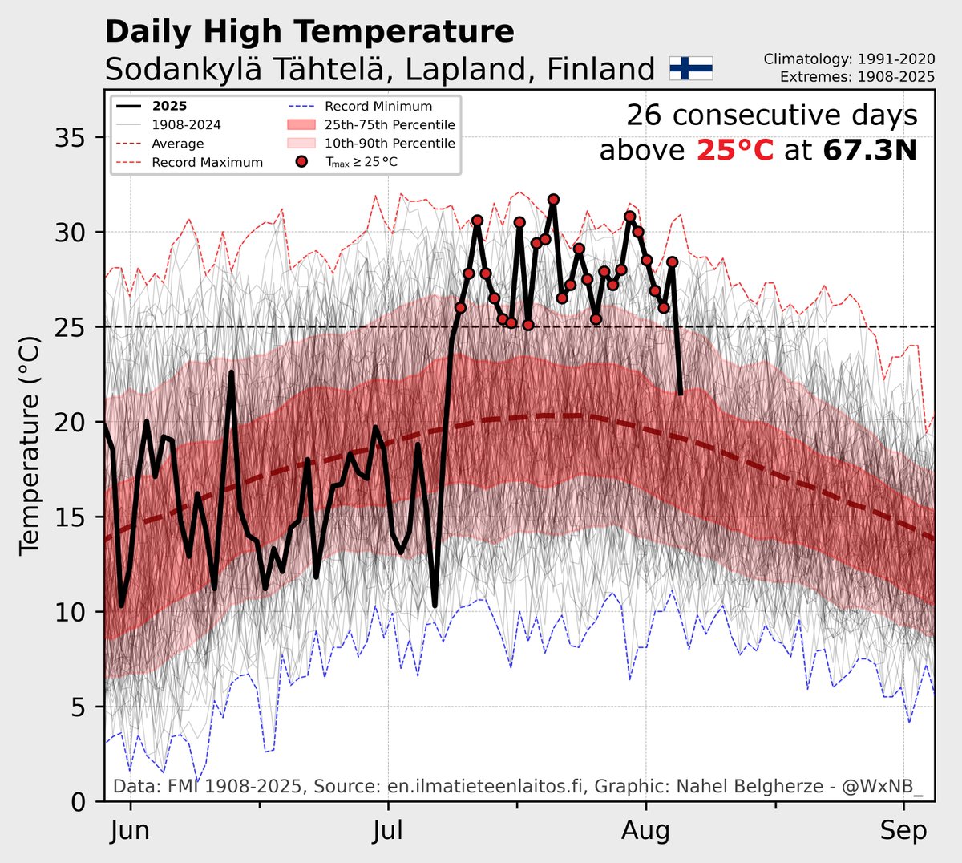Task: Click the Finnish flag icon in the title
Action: tap(690, 69)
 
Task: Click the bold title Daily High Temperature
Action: tap(309, 32)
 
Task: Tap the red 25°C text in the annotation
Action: tap(735, 150)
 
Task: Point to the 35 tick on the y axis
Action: tap(74, 138)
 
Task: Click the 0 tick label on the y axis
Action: tap(79, 801)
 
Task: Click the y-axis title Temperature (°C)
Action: tap(30, 445)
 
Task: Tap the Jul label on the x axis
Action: tap(388, 831)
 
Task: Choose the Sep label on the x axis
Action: tap(903, 831)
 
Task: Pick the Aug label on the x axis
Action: tap(645, 831)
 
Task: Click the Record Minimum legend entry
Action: tap(378, 106)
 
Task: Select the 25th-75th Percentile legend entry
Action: tap(390, 124)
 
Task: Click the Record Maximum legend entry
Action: tap(207, 162)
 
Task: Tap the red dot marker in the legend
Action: tap(301, 162)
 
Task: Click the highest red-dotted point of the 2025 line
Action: tap(553, 199)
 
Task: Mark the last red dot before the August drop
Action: tap(672, 262)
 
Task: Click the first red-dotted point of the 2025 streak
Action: tap(460, 308)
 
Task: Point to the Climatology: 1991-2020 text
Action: tap(849, 59)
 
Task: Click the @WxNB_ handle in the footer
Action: tap(883, 787)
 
